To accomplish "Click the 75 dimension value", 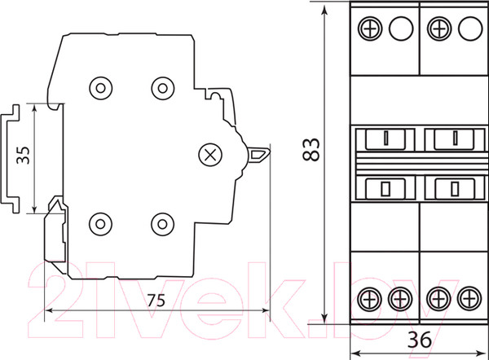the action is point(156,301).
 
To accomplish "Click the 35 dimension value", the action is point(24,156).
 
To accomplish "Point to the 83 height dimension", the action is point(311,150).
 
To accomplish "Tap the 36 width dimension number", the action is point(420,340).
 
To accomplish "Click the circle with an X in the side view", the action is point(210,155).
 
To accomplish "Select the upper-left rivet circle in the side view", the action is point(100,88).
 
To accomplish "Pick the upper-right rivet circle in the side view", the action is point(162,88).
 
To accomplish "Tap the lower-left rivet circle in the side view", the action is point(100,224).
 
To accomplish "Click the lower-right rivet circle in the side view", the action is point(162,224).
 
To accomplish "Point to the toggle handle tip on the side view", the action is point(269,151).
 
